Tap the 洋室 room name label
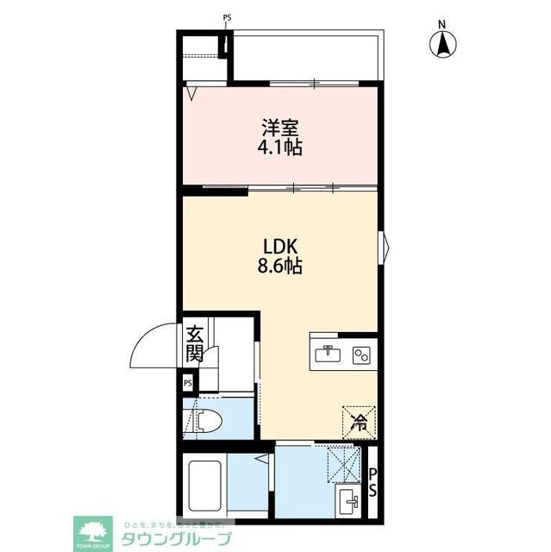[x=282, y=127]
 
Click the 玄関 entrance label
[x=195, y=344]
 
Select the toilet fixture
[x=204, y=420]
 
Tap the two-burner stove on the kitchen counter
[x=361, y=353]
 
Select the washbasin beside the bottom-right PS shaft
[x=351, y=498]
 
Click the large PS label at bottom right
[x=373, y=482]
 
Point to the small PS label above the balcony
[x=227, y=17]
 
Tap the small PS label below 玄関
[x=188, y=382]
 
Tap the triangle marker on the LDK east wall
[x=386, y=248]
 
